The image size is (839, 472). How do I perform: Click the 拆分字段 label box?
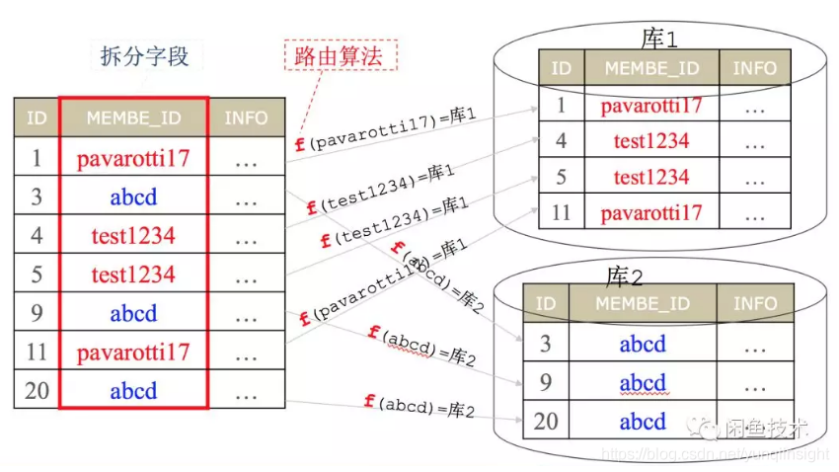(x=144, y=56)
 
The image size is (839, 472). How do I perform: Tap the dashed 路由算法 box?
(x=341, y=55)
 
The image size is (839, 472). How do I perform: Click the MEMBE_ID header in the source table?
(x=133, y=118)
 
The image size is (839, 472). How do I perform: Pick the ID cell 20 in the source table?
(x=37, y=390)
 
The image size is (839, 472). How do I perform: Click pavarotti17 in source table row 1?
(x=133, y=157)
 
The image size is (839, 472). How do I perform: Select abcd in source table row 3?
(x=133, y=197)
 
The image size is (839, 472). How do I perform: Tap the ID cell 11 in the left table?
(x=37, y=352)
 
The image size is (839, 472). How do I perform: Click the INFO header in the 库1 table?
(x=754, y=69)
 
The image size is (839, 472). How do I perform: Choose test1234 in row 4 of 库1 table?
(x=651, y=141)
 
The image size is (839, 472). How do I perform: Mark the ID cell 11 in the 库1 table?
(x=562, y=212)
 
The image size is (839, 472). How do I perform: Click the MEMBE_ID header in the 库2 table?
(x=643, y=304)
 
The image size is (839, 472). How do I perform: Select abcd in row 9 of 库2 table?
(x=643, y=382)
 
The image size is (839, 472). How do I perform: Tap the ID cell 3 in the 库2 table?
(x=546, y=344)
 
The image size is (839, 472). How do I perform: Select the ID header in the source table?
(x=37, y=118)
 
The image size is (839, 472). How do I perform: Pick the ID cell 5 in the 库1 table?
(x=562, y=177)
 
